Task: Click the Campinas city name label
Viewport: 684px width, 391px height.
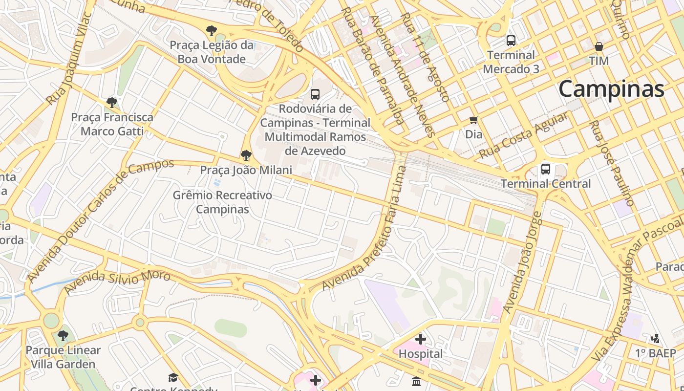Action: click(x=611, y=89)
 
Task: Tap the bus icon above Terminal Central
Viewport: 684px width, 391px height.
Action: click(x=546, y=170)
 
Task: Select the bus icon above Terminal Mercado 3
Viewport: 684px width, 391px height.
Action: click(x=511, y=41)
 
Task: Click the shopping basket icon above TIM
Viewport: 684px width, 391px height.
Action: click(x=599, y=47)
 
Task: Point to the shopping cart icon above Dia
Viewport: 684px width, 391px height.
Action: click(x=473, y=120)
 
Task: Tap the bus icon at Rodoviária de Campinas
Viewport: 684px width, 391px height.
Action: click(x=315, y=94)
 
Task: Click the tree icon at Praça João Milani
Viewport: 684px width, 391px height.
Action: click(x=246, y=156)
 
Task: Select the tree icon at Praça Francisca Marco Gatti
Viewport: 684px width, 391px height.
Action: click(x=112, y=103)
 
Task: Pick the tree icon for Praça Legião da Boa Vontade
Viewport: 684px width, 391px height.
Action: click(x=212, y=31)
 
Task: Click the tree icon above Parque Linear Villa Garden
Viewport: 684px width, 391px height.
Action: click(x=63, y=336)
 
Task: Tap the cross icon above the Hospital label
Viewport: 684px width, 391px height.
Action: click(x=421, y=339)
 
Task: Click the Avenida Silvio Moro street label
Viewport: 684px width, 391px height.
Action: click(x=117, y=282)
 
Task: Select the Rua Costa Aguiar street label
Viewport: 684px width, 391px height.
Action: click(x=523, y=135)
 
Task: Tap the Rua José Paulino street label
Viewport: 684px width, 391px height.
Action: click(x=612, y=163)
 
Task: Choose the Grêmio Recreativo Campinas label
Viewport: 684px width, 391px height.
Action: click(x=222, y=202)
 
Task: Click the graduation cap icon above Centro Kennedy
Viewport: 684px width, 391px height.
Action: click(x=173, y=377)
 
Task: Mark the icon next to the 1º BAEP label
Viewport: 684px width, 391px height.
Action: click(x=656, y=338)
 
